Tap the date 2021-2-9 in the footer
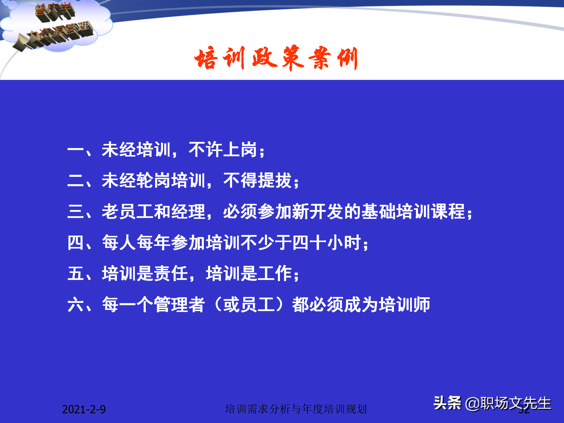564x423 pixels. click(x=84, y=409)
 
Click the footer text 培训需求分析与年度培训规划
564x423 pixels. click(x=296, y=409)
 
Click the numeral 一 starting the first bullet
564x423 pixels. click(x=75, y=150)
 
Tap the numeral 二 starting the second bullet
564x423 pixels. click(x=75, y=181)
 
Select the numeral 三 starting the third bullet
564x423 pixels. click(x=75, y=211)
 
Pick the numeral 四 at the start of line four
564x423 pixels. click(x=75, y=243)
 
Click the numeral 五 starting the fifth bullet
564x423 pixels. click(x=75, y=273)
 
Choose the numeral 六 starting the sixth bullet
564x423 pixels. click(x=75, y=305)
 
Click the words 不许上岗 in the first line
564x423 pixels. click(x=223, y=150)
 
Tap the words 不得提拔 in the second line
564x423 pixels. click(x=258, y=181)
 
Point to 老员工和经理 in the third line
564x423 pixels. click(x=153, y=211)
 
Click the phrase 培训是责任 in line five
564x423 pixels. click(x=145, y=273)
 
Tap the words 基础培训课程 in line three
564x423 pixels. click(x=413, y=211)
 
